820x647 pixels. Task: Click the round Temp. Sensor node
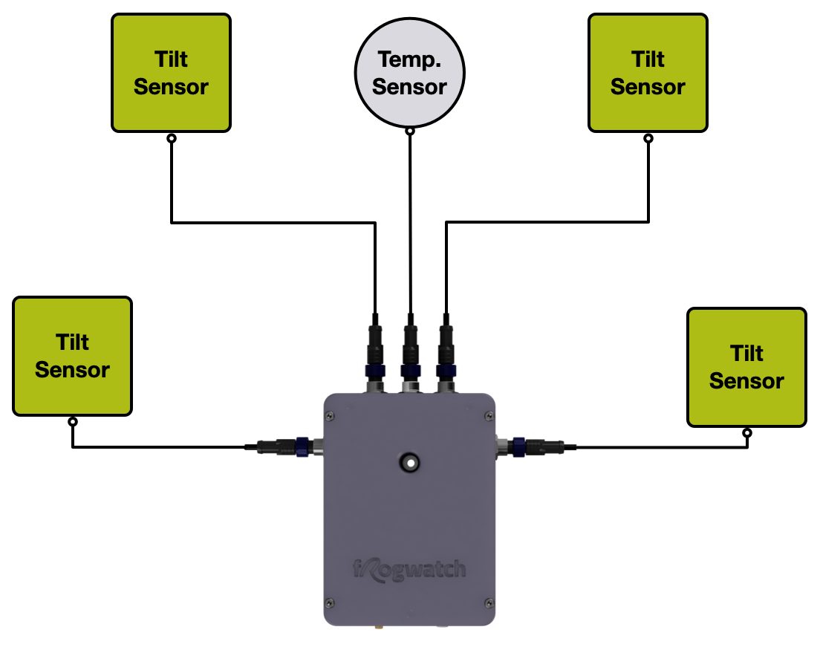[x=409, y=72]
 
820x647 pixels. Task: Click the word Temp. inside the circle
[x=409, y=59]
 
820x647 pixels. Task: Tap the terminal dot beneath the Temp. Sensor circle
[x=409, y=131]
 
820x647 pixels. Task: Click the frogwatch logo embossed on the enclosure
[x=409, y=570]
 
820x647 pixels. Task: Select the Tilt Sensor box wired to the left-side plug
[x=72, y=356]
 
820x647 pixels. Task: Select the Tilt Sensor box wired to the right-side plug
[x=746, y=367]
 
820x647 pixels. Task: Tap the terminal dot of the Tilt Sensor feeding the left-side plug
[x=72, y=422]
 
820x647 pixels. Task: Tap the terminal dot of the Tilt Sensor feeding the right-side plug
[x=747, y=433]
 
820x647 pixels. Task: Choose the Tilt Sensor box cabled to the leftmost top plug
[x=171, y=73]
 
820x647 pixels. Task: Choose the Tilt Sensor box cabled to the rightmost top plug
[x=648, y=73]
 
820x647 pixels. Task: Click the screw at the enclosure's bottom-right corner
[x=488, y=602]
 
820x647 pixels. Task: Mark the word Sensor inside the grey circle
[x=409, y=87]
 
